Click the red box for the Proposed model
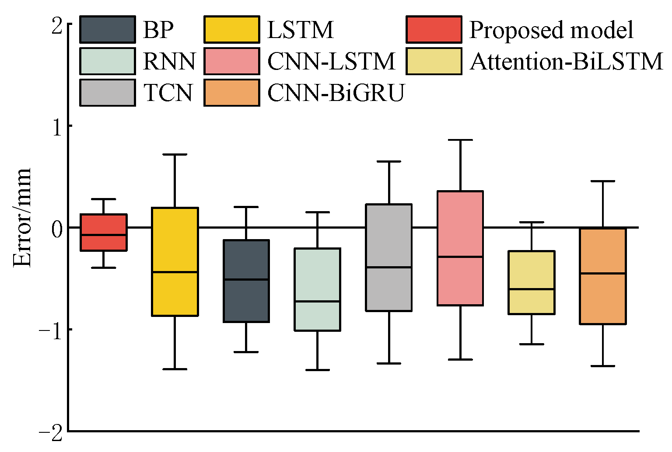pyautogui.click(x=103, y=232)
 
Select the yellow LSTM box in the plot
pyautogui.click(x=175, y=261)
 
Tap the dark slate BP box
pyautogui.click(x=246, y=281)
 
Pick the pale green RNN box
pyautogui.click(x=318, y=289)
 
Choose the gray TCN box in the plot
pyautogui.click(x=389, y=257)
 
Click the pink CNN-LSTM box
pyautogui.click(x=460, y=248)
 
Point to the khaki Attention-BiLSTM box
pyautogui.click(x=532, y=282)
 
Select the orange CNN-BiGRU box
pyautogui.click(x=603, y=276)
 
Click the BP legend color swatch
pyautogui.click(x=108, y=30)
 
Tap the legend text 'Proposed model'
pyautogui.click(x=551, y=30)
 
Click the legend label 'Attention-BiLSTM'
pyautogui.click(x=567, y=61)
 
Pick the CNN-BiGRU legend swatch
pyautogui.click(x=232, y=92)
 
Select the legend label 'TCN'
pyautogui.click(x=168, y=92)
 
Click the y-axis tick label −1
pyautogui.click(x=50, y=329)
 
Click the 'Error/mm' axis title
pyautogui.click(x=22, y=217)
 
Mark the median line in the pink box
pyautogui.click(x=460, y=257)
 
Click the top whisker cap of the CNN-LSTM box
pyautogui.click(x=460, y=140)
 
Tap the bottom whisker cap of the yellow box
pyautogui.click(x=175, y=369)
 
